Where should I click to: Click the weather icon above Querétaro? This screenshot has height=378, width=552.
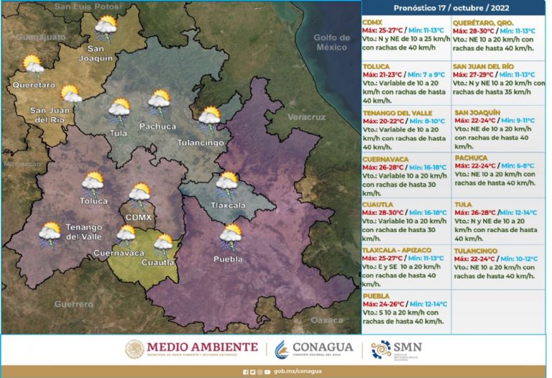(x=33, y=66)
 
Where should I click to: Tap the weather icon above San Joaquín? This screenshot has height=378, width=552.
(x=106, y=28)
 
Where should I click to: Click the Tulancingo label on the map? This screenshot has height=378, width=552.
(x=201, y=143)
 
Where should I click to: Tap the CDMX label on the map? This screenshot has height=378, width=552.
(x=138, y=216)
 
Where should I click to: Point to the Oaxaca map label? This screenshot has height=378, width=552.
(x=326, y=320)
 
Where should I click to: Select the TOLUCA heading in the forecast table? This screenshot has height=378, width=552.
(x=377, y=65)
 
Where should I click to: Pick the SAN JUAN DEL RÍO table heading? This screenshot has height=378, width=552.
(x=483, y=65)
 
